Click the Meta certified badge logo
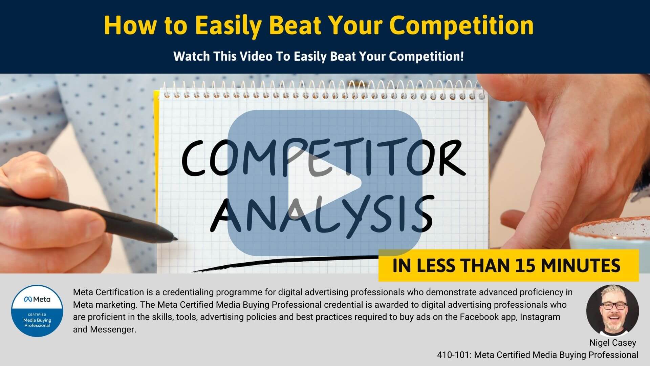tap(37, 311)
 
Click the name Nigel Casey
tap(613, 343)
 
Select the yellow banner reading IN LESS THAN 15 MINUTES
tap(508, 265)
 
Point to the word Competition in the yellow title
tap(462, 25)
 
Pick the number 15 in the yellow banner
tap(525, 266)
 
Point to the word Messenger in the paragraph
tap(113, 330)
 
